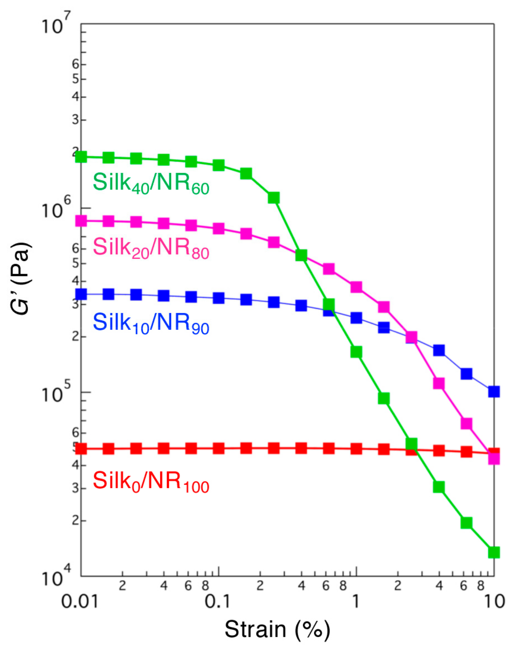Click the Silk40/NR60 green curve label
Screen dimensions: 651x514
coord(151,184)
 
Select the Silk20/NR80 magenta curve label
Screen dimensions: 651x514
coord(151,248)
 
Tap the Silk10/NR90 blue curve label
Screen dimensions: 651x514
coord(151,323)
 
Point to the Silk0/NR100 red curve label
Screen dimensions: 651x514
coord(151,482)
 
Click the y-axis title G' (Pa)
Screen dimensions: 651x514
coord(21,278)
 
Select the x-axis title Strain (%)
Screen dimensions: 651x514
coord(277,629)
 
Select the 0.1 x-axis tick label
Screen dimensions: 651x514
coord(218,602)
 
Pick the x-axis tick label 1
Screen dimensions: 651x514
coord(356,602)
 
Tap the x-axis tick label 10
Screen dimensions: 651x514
coord(494,602)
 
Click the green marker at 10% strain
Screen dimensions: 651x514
coord(494,552)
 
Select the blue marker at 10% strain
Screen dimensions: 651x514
coord(494,392)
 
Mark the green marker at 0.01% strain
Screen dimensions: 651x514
coord(81,157)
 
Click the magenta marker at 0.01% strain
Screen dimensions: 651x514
coord(81,221)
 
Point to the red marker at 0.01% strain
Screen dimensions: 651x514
coord(81,449)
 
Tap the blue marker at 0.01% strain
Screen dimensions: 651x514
coord(81,294)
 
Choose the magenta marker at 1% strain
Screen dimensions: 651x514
coord(356,287)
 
